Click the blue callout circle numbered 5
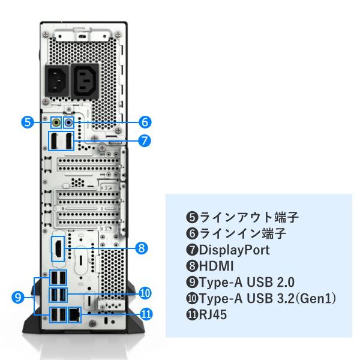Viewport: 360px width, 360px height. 26,122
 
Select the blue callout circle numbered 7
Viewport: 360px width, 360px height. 144,141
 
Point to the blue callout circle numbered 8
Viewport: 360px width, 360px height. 142,247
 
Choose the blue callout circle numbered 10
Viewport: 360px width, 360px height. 144,293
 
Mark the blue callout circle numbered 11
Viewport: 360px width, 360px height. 144,313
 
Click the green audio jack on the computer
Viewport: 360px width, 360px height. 56,122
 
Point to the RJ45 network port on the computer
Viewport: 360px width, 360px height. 74,314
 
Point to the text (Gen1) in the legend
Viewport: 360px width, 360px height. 313,298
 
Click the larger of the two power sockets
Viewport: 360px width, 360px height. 86,79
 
